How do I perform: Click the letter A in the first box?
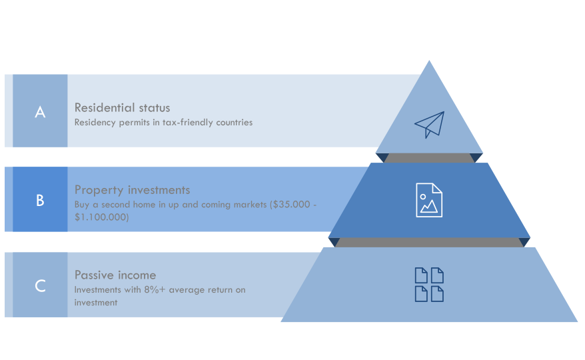click(40, 111)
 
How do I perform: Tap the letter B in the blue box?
click(40, 200)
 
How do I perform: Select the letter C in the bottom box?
click(40, 286)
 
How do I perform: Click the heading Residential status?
click(122, 107)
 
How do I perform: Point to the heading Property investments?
click(132, 190)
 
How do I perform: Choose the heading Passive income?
click(115, 275)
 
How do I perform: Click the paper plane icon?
click(430, 125)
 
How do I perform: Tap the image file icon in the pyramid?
click(429, 200)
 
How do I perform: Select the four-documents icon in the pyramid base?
click(429, 285)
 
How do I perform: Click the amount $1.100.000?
click(101, 217)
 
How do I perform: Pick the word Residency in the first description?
click(95, 123)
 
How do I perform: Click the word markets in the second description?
click(250, 205)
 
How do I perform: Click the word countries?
click(235, 123)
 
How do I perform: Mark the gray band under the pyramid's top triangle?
click(429, 157)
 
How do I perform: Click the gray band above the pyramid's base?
click(429, 243)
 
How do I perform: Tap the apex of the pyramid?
click(429, 61)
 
